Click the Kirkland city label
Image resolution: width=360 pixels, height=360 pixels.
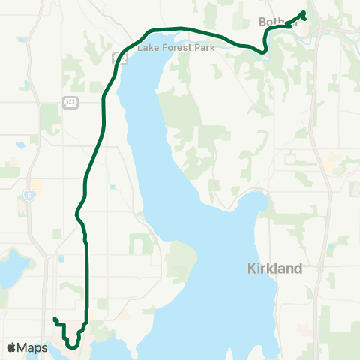[274, 268]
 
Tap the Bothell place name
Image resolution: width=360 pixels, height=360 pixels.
[277, 22]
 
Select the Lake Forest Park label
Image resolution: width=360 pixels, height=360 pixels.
[172, 47]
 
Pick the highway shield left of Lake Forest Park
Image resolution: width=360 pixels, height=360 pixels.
[117, 57]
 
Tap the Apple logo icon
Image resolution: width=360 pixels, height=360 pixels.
[11, 347]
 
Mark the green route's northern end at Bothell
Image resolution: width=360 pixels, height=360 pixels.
[304, 12]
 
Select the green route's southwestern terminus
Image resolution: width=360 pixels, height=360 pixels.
[54, 319]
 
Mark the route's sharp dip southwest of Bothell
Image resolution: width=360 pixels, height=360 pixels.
[263, 51]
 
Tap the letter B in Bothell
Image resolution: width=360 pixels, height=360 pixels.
[262, 22]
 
